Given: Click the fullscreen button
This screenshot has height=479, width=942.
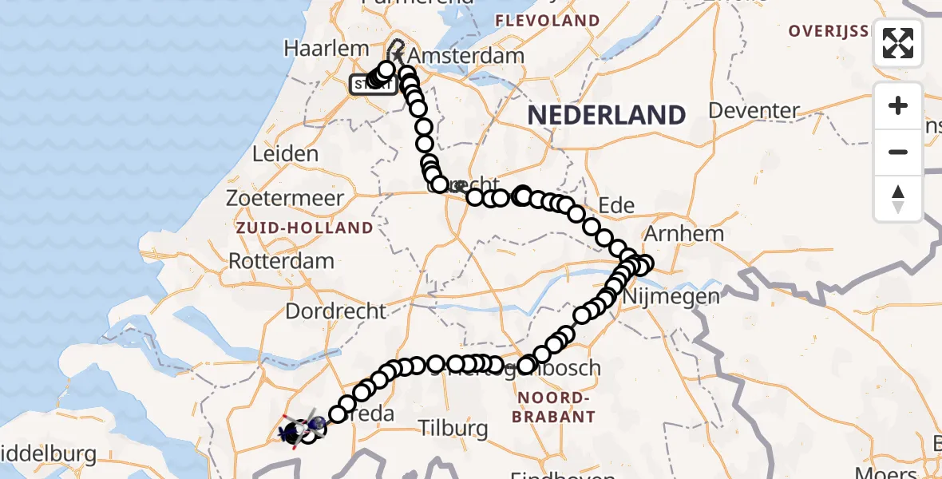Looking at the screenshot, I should coord(898,43).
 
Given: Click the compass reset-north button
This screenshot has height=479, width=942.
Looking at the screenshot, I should coord(898,199).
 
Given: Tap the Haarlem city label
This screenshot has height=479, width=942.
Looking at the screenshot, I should coord(326,49).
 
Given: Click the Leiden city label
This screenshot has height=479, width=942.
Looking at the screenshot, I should coord(284,153).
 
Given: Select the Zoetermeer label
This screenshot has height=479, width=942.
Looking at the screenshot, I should coord(284,198).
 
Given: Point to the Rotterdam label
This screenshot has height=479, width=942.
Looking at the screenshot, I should coord(281,260).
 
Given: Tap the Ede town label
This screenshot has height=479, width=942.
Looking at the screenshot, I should coord(616,205).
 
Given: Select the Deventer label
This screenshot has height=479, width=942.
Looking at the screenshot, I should coord(754,110).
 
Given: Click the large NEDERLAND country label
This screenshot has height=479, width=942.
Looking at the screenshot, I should coord(606,115).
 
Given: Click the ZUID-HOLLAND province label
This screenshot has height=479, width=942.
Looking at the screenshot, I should coord(303,228).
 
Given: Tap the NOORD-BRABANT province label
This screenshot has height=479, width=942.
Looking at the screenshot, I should coord(556,407).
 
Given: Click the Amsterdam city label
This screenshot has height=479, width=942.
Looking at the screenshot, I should coord(466,57).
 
